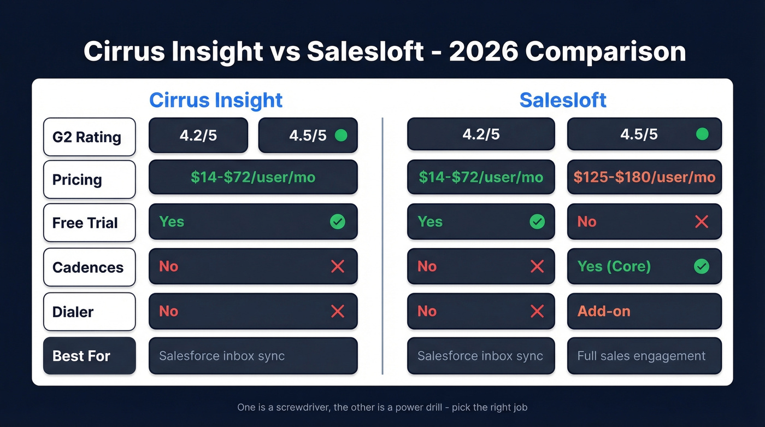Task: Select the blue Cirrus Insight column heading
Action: [216, 100]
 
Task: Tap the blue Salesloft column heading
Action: [563, 100]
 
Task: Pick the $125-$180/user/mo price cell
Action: [644, 177]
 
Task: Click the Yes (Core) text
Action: [614, 266]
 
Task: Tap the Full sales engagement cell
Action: [642, 356]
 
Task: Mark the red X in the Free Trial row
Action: [701, 221]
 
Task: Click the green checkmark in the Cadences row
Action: [701, 266]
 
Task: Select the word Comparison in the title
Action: [605, 51]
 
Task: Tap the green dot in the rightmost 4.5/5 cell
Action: [702, 134]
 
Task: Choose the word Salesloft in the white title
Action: [365, 51]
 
